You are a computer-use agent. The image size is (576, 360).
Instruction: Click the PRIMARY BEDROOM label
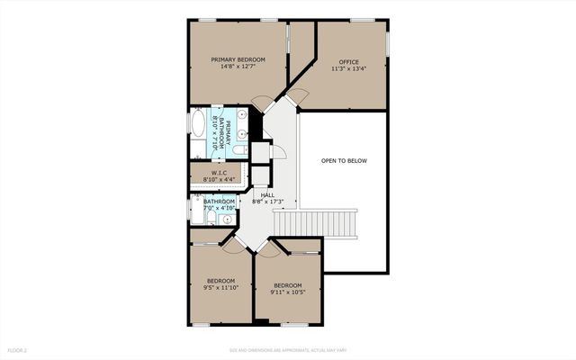coord(238,60)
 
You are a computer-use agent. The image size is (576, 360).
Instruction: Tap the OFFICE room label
coord(349,62)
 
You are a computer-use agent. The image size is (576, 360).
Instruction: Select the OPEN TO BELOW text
coord(345,161)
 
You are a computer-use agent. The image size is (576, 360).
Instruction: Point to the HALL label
coord(267,194)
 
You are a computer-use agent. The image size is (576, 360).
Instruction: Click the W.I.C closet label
coord(219,173)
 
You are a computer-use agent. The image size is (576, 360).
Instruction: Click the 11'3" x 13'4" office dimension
coord(349,69)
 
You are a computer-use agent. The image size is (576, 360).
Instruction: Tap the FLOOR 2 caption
coord(18,349)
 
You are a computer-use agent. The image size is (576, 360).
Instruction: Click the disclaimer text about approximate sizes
coord(287,349)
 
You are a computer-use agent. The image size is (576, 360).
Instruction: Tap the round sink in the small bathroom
coord(227,219)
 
